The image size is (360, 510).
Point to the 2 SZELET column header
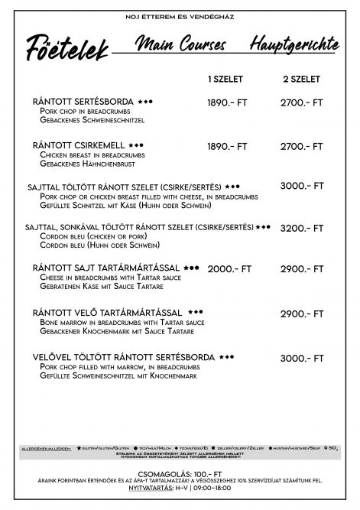point(301,79)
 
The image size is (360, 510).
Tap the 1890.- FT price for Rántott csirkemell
point(227,145)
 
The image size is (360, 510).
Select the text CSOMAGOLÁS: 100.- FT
point(180,474)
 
